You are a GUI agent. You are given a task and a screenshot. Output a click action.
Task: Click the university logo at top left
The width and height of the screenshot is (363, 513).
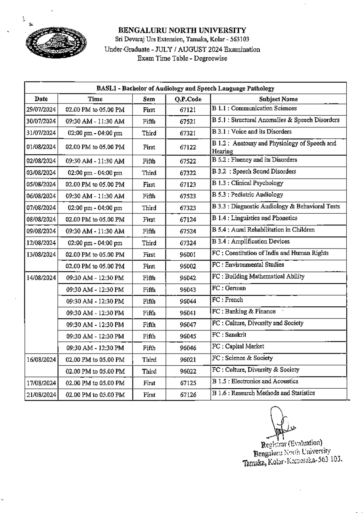pos(57,42)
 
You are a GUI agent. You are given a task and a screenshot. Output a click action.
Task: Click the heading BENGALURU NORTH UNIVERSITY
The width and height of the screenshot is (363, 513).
pos(182,31)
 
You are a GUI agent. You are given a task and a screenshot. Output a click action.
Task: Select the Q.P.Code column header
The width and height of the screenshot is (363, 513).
pos(188,99)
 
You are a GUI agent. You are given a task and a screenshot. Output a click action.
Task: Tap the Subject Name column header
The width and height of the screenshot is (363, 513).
pos(278,99)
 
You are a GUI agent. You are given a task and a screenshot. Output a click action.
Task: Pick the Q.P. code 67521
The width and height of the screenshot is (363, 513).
pos(188,121)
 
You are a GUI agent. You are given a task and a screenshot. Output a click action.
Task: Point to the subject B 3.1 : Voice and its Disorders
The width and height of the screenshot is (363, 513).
pos(252,132)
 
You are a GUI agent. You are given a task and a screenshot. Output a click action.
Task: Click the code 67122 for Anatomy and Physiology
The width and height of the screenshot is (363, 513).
pos(188,147)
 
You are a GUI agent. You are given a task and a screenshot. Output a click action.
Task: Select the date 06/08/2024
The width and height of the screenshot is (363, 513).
pos(41,196)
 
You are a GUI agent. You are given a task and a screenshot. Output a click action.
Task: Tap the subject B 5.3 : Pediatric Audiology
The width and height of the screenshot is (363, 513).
pos(247,195)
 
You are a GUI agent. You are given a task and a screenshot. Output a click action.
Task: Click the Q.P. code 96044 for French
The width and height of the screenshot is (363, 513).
pos(188,301)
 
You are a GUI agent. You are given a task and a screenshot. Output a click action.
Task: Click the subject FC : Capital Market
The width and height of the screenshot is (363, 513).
pos(238,347)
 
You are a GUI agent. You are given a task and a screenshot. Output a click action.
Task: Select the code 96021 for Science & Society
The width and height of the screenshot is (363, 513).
pos(188,360)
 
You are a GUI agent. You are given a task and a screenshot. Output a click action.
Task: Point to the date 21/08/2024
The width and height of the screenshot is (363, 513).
pos(41,395)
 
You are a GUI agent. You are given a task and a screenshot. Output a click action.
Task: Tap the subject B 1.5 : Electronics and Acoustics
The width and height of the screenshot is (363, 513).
pos(255,381)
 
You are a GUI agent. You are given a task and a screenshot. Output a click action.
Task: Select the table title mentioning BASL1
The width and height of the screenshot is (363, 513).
pos(185,89)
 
